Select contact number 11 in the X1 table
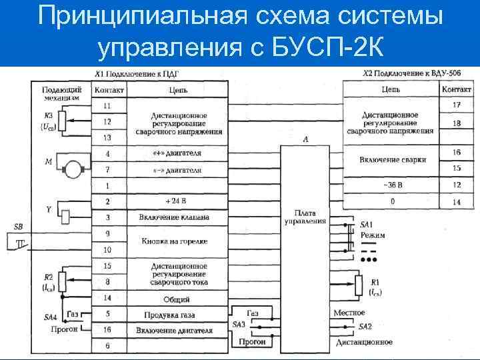coord(107,106)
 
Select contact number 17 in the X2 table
coord(457,105)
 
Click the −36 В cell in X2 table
coord(391,185)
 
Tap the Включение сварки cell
coord(391,160)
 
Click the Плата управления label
coord(305,217)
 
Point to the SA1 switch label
coord(367,223)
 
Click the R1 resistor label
coord(376,283)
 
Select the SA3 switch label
coord(239,324)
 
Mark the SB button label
coord(18,227)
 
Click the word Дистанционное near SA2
coord(363,342)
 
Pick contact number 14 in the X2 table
coord(457,201)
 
